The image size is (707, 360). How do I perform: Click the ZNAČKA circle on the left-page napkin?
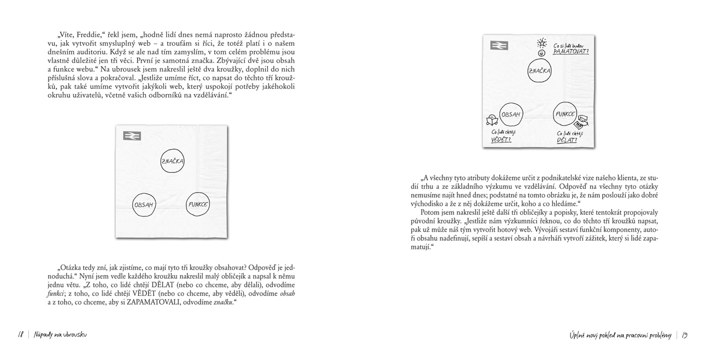[x=172, y=161]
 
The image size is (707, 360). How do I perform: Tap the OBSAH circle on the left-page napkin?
[x=144, y=204]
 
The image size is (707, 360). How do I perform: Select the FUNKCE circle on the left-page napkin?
[x=198, y=204]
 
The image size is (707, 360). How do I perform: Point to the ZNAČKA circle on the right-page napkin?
[x=539, y=71]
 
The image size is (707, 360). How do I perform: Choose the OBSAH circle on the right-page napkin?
[x=511, y=115]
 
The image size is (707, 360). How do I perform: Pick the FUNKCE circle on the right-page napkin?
[x=566, y=115]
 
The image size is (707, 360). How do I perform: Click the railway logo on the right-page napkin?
[x=499, y=45]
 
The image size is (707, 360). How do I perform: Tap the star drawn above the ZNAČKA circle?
[x=542, y=43]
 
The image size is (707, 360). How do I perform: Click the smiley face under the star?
[x=542, y=52]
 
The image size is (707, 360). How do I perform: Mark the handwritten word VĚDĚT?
[x=501, y=140]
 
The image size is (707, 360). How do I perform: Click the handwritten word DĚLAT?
[x=567, y=140]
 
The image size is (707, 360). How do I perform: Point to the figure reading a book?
[x=491, y=120]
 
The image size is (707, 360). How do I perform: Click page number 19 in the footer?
[x=684, y=335]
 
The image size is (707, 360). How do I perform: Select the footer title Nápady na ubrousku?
[x=60, y=335]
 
